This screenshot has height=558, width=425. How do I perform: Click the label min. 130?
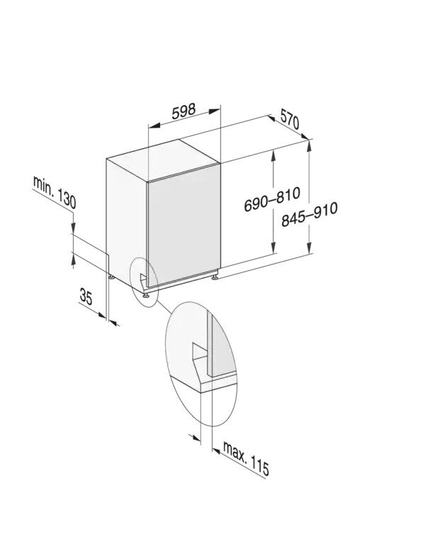pos(54,191)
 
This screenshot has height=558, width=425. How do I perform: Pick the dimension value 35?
pos(86,297)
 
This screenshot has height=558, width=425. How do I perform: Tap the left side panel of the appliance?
pos(125,216)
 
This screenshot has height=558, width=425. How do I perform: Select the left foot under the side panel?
pos(110,276)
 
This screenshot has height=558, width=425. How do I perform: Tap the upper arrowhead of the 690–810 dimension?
pos(273,155)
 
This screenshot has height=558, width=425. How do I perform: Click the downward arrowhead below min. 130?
pos(73,230)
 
